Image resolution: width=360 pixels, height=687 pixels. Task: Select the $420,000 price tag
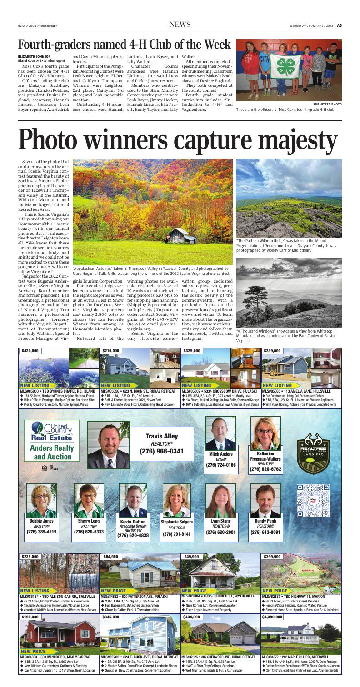click(30, 350)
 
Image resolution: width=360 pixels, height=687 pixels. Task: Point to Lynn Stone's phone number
click(221, 532)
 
